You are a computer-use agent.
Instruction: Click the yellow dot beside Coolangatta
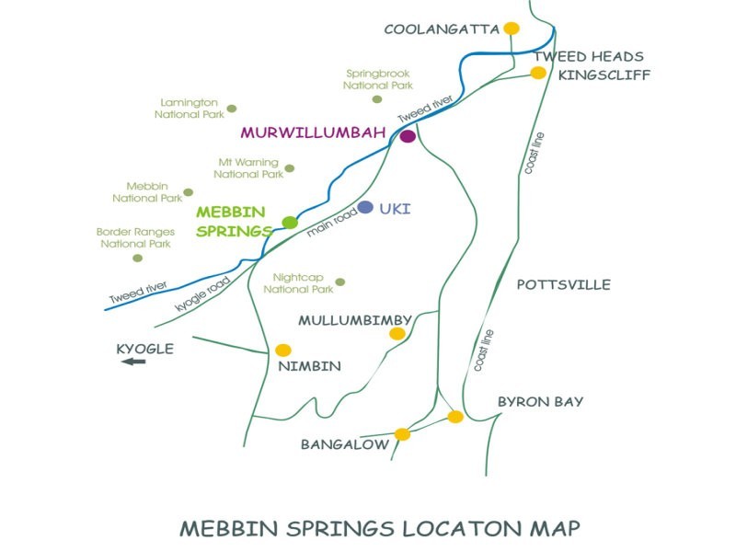(512, 29)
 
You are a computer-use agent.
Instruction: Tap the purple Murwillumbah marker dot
(408, 137)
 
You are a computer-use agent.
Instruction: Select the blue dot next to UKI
(366, 208)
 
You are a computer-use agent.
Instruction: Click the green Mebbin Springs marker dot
(290, 222)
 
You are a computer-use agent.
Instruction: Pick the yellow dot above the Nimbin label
(283, 351)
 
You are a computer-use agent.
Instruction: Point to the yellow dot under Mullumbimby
(397, 333)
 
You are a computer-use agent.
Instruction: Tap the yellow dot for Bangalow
(402, 434)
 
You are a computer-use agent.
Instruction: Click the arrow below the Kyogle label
(133, 362)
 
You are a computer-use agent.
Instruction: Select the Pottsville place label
(563, 285)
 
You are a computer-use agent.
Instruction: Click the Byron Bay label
(540, 402)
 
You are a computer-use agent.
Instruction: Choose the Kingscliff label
(604, 75)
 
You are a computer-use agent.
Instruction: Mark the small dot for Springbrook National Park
(376, 99)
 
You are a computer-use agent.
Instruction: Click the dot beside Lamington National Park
(232, 109)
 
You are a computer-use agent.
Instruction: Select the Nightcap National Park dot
(340, 282)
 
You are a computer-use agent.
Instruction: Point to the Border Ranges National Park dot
(138, 258)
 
